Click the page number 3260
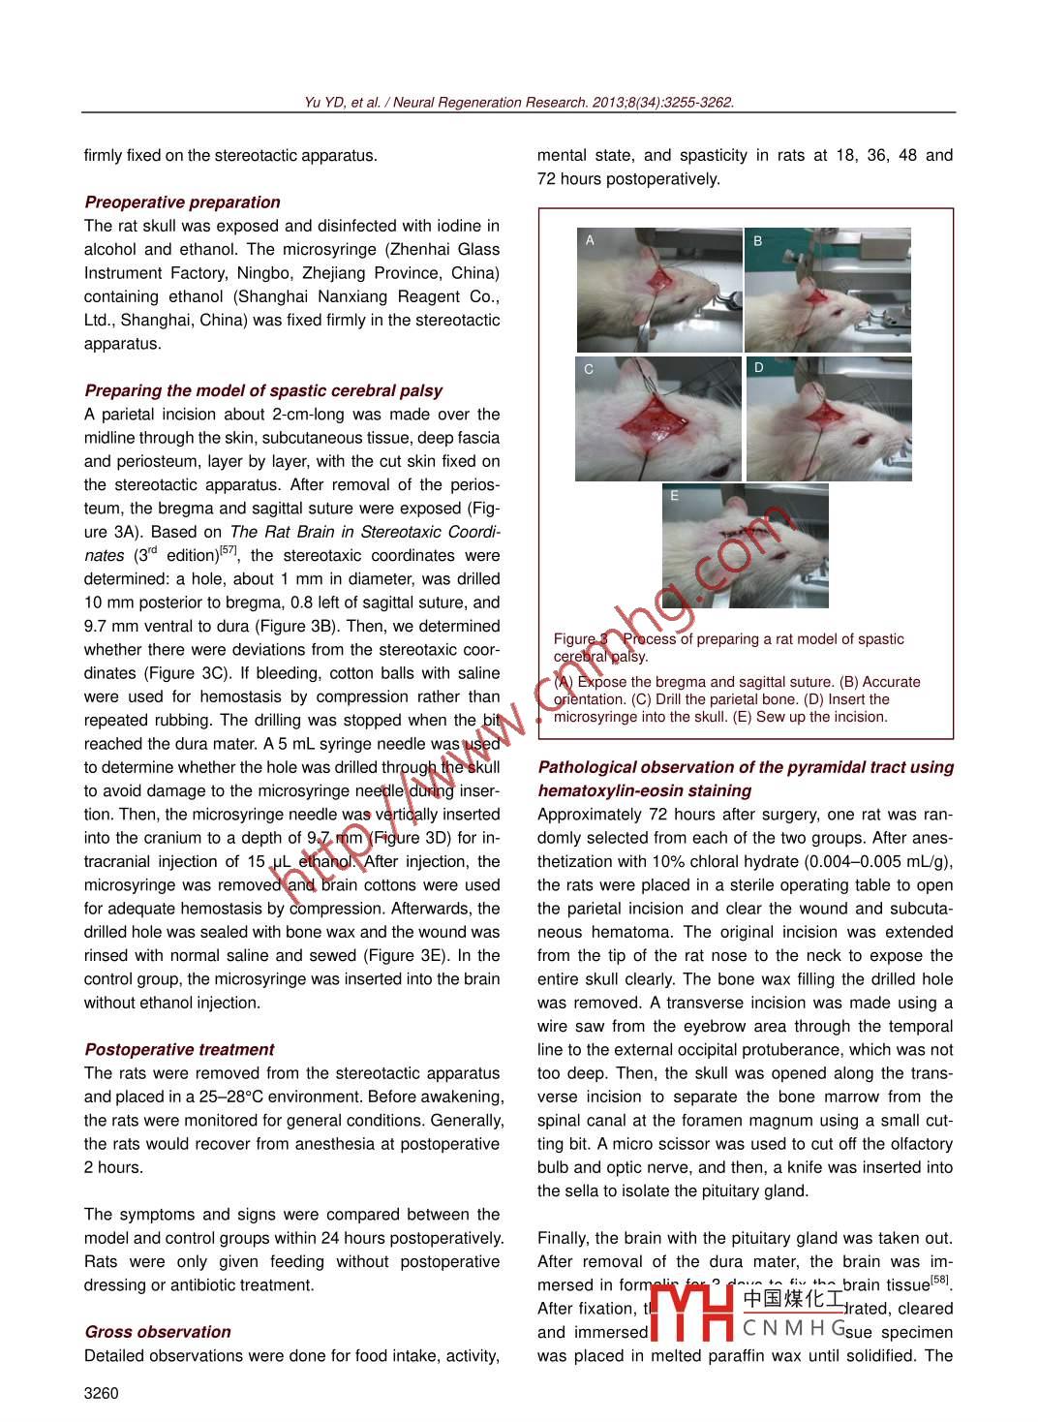102,1393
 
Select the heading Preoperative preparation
182,202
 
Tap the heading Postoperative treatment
179,1050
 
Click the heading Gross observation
158,1332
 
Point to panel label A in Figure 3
590,240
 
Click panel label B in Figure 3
758,241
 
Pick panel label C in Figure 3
589,369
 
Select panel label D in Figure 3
759,368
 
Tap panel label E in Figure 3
675,496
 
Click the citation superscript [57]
228,551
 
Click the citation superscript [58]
940,1281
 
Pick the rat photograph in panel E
746,547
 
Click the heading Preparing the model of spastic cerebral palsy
263,391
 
